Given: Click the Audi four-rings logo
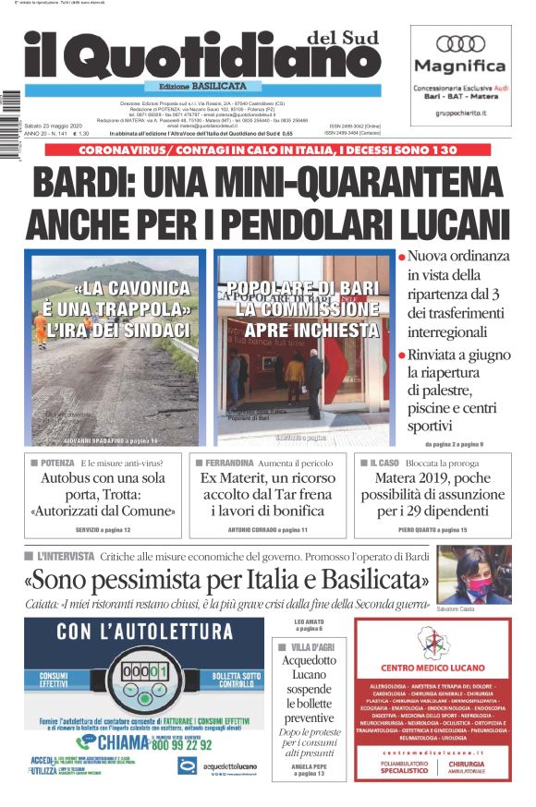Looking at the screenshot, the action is pos(459,44).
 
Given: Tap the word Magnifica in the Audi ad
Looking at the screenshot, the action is pos(459,66).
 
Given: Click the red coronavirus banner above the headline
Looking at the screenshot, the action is pos(268,150).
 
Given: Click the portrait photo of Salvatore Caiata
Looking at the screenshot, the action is pos(473,573).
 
